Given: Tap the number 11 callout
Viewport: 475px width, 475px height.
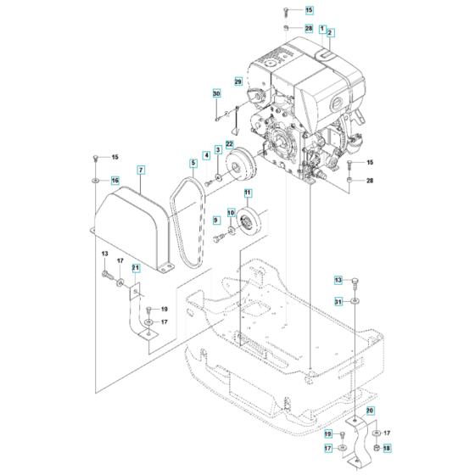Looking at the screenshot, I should click(249, 194).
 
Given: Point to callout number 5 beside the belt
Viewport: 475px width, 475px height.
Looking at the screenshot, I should click(193, 163).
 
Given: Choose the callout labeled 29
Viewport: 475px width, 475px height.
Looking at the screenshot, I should click(238, 81).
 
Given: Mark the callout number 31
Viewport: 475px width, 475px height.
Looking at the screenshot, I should click(338, 301).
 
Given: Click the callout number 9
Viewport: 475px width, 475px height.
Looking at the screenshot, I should click(216, 221).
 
